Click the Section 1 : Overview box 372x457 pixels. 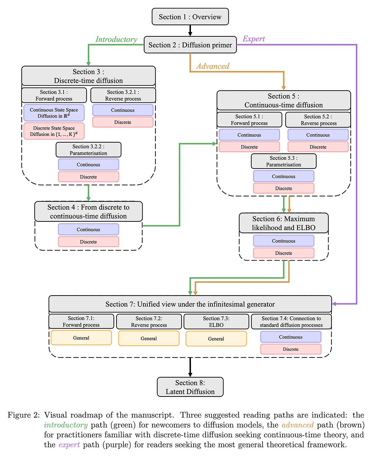coord(190,17)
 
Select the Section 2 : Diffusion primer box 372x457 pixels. coord(190,45)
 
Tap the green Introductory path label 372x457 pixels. coord(116,39)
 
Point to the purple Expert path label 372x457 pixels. coord(254,39)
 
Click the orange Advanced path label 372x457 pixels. coord(213,66)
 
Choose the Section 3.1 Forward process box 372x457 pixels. coord(54,95)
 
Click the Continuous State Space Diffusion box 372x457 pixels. coord(54,113)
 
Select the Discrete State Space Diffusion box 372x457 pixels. coord(54,131)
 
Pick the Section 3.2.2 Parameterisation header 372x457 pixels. coord(88,150)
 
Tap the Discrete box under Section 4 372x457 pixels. coord(88,242)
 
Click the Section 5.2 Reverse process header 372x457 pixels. coord(318,120)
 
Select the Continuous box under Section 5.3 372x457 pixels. coord(283,176)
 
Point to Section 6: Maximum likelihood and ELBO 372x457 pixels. coord(283,223)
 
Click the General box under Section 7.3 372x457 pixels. coord(216,339)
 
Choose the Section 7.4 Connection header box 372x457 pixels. coord(291,322)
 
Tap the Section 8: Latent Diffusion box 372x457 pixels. coord(190,387)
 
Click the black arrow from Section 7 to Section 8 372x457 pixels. coord(190,367)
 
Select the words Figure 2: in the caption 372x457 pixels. coord(24,415)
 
